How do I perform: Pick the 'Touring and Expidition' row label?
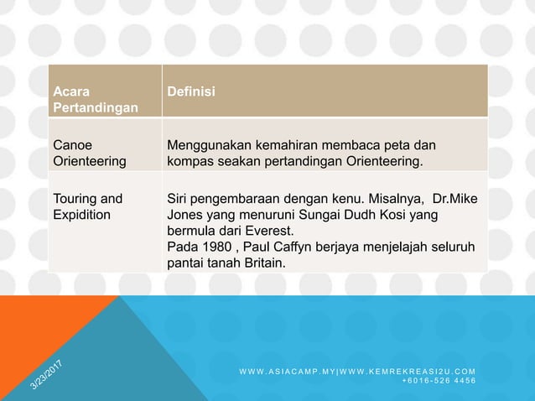coord(87,206)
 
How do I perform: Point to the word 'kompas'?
coord(190,159)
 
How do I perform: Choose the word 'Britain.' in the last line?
coord(259,263)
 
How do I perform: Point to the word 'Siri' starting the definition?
coord(179,199)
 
